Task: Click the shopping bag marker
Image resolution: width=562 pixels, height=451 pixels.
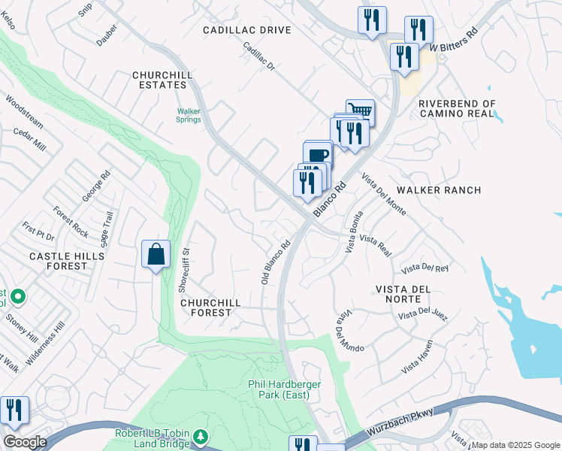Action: pyautogui.click(x=156, y=254)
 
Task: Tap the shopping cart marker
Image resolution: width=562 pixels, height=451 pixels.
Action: pyautogui.click(x=361, y=111)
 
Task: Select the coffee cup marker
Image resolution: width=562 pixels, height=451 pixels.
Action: pyautogui.click(x=319, y=155)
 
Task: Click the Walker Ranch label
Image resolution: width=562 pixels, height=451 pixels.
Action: pyautogui.click(x=439, y=190)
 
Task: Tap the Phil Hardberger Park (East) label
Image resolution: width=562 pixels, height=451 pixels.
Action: pyautogui.click(x=285, y=389)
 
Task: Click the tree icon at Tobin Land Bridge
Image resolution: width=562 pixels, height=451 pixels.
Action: pyautogui.click(x=200, y=437)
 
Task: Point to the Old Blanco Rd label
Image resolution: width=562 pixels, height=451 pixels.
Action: pyautogui.click(x=276, y=262)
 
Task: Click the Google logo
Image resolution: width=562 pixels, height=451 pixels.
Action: pyautogui.click(x=26, y=442)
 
